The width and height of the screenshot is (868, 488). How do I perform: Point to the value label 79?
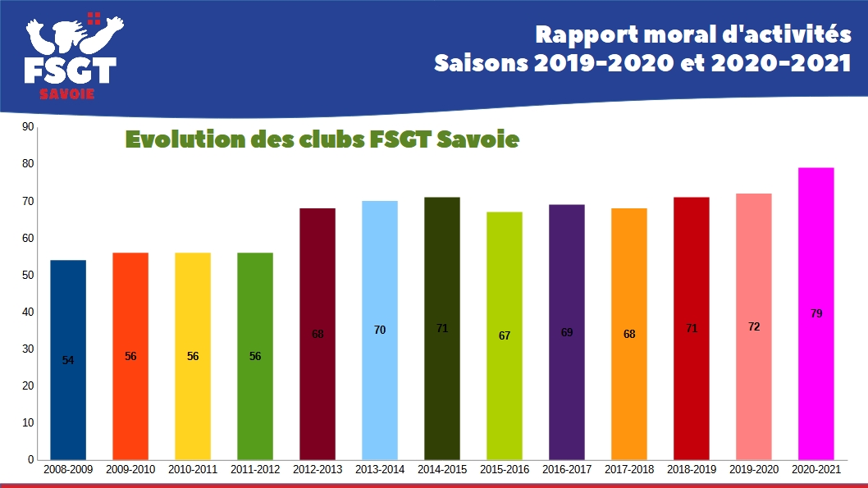pos(816,313)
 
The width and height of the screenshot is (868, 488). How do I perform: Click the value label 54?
pos(68,360)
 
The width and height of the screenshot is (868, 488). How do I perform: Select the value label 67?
pos(505,335)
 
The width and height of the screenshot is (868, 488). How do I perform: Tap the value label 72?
pos(754,326)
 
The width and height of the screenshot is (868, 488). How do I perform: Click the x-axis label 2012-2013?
pos(318,470)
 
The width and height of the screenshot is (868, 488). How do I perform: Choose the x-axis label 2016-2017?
pos(567,470)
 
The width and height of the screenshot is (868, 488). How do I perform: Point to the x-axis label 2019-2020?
pos(754,470)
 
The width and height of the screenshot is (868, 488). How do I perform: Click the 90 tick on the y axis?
pos(28,127)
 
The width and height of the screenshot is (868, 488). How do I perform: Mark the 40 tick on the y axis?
pos(28,312)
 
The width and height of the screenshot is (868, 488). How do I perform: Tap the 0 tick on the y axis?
pos(30,459)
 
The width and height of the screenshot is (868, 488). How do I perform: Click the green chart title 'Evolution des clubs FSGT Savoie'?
pos(322,139)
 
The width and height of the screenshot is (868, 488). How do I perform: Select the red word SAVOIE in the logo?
pos(67,93)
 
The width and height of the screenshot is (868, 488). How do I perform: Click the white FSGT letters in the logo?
pos(70,71)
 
